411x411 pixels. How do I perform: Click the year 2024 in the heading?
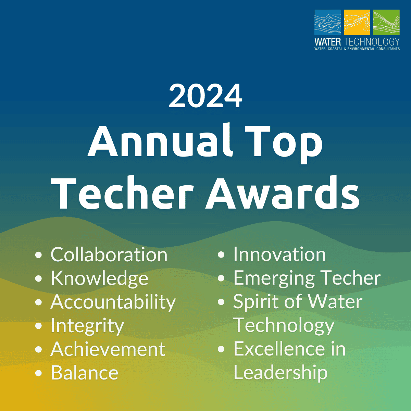click(x=206, y=96)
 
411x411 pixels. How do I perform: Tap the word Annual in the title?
click(x=160, y=140)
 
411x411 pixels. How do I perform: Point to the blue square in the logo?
click(x=328, y=22)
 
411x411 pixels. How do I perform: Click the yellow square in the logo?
click(x=357, y=22)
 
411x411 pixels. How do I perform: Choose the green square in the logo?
click(x=386, y=22)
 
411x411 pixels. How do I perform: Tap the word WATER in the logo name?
click(x=328, y=42)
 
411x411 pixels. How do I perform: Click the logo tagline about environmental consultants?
click(x=357, y=49)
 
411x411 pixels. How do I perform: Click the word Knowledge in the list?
click(x=99, y=278)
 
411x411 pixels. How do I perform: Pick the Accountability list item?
click(x=113, y=302)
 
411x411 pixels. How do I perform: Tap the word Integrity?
click(x=87, y=326)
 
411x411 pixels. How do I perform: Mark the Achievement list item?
click(x=108, y=349)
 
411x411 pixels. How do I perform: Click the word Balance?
click(x=85, y=373)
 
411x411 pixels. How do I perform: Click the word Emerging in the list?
click(x=274, y=278)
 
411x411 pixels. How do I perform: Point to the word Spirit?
click(x=257, y=302)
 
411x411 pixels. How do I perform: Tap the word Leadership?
click(x=281, y=373)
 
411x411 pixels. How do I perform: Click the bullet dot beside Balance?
click(x=39, y=373)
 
